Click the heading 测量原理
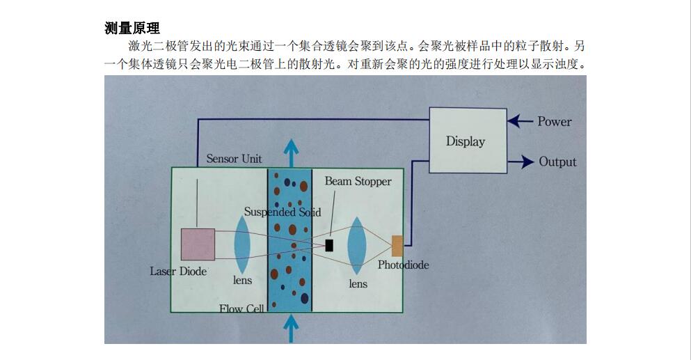[x=132, y=28]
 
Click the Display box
[x=466, y=141]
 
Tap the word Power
[x=554, y=121]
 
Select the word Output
[x=557, y=162]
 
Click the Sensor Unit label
[x=234, y=159]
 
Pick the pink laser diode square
[x=198, y=244]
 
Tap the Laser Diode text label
[x=178, y=271]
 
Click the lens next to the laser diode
[x=242, y=244]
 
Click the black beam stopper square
[x=329, y=244]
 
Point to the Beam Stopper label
[x=358, y=181]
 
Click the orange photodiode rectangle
[x=397, y=245]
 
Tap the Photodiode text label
[x=403, y=265]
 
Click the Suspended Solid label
[x=283, y=212]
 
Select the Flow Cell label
[x=241, y=308]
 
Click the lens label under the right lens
[x=358, y=284]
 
